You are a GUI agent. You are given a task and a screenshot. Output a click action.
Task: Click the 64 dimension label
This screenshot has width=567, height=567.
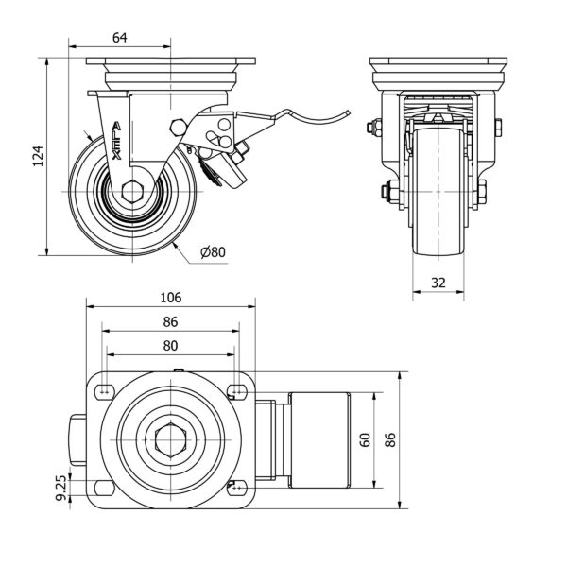(120, 37)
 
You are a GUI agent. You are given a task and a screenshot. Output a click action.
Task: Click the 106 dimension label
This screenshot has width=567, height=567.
(170, 297)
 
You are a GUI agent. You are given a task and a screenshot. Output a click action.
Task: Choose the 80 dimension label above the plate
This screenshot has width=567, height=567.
(170, 345)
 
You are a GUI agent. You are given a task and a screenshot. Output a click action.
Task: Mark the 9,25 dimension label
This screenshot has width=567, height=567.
(60, 488)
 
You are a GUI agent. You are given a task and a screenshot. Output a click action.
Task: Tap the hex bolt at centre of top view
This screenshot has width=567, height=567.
(170, 439)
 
